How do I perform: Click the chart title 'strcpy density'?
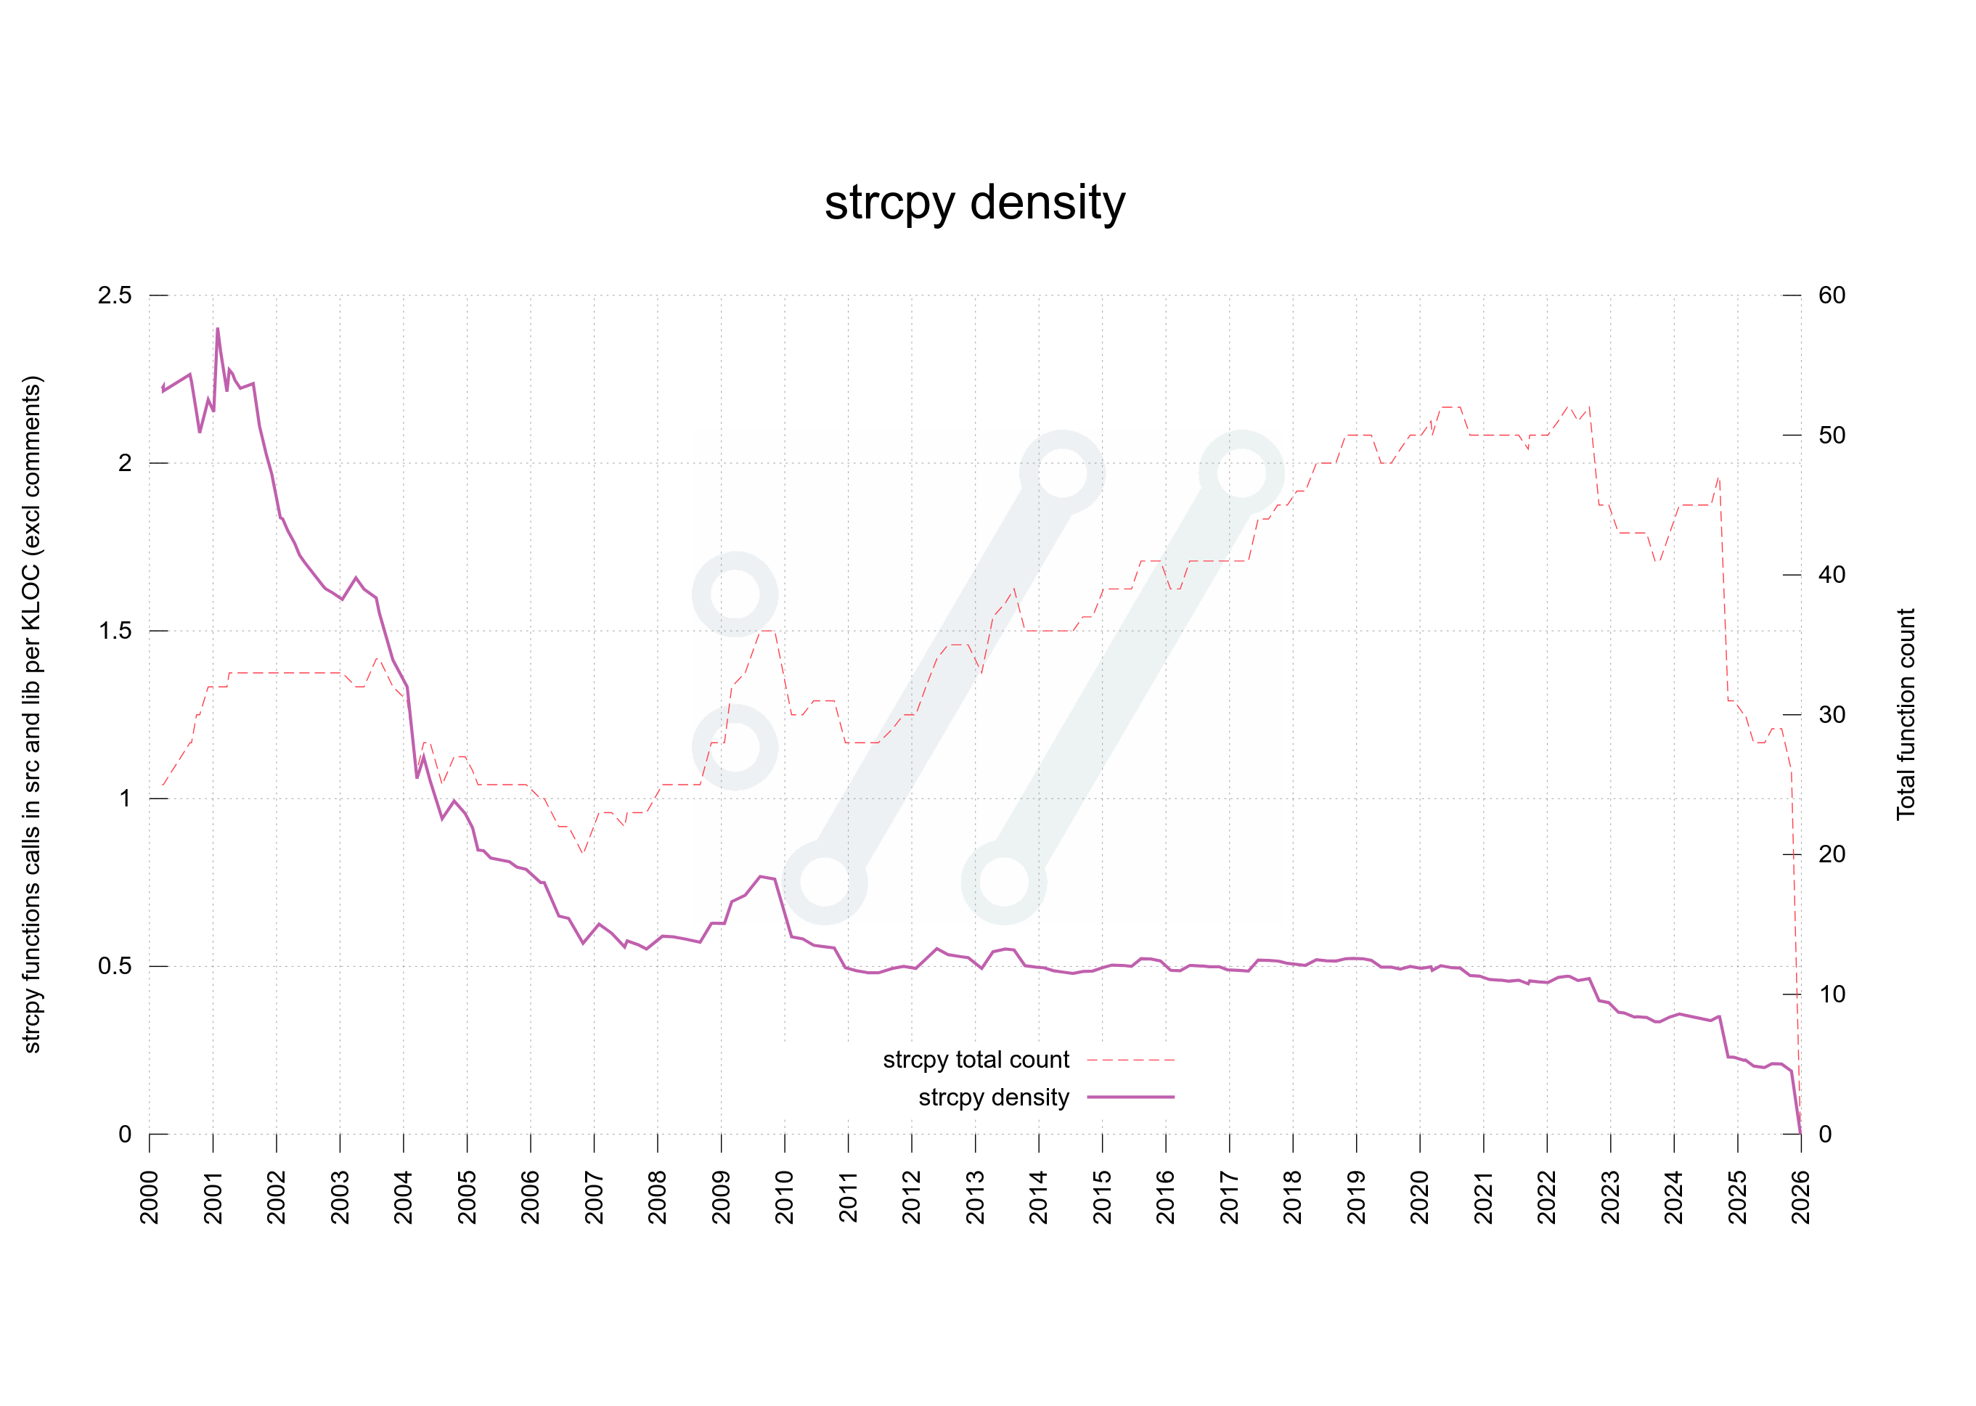click(x=974, y=203)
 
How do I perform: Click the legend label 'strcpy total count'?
click(x=975, y=1060)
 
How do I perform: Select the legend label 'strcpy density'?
click(x=993, y=1097)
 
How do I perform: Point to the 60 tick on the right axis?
click(x=1831, y=295)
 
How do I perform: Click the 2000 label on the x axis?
click(x=149, y=1198)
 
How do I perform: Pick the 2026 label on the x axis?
click(x=1800, y=1198)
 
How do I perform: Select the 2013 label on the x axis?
click(x=975, y=1198)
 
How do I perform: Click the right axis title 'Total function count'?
click(x=1905, y=714)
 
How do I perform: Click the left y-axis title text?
click(x=31, y=714)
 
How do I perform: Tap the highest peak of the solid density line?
click(x=217, y=329)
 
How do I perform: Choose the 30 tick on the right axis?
click(x=1831, y=714)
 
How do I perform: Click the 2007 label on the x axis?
click(x=594, y=1198)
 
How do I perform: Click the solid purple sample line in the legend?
click(x=1130, y=1097)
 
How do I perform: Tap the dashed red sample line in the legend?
click(x=1130, y=1060)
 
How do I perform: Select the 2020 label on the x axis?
click(x=1419, y=1198)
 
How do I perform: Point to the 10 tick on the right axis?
click(x=1831, y=994)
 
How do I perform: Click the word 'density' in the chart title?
click(x=1048, y=203)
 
